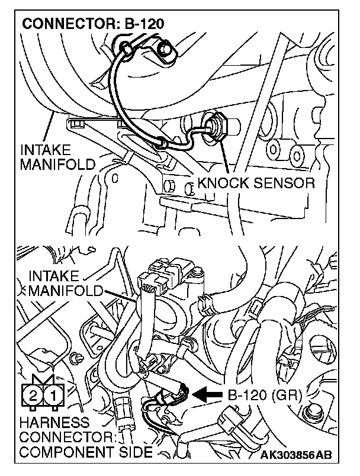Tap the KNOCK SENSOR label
coord(256,183)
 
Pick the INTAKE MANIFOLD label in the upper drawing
coord(58,156)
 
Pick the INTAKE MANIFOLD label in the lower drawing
coord(65,284)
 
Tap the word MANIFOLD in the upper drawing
coord(58,164)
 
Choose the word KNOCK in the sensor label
coord(220,183)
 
